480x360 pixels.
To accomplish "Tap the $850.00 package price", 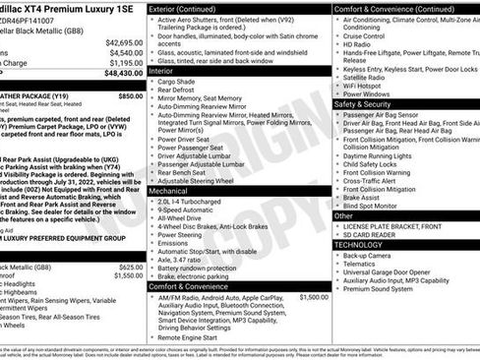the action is click(130, 96).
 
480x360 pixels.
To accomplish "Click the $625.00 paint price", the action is click(130, 267).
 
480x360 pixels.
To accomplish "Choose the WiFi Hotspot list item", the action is click(370, 84).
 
